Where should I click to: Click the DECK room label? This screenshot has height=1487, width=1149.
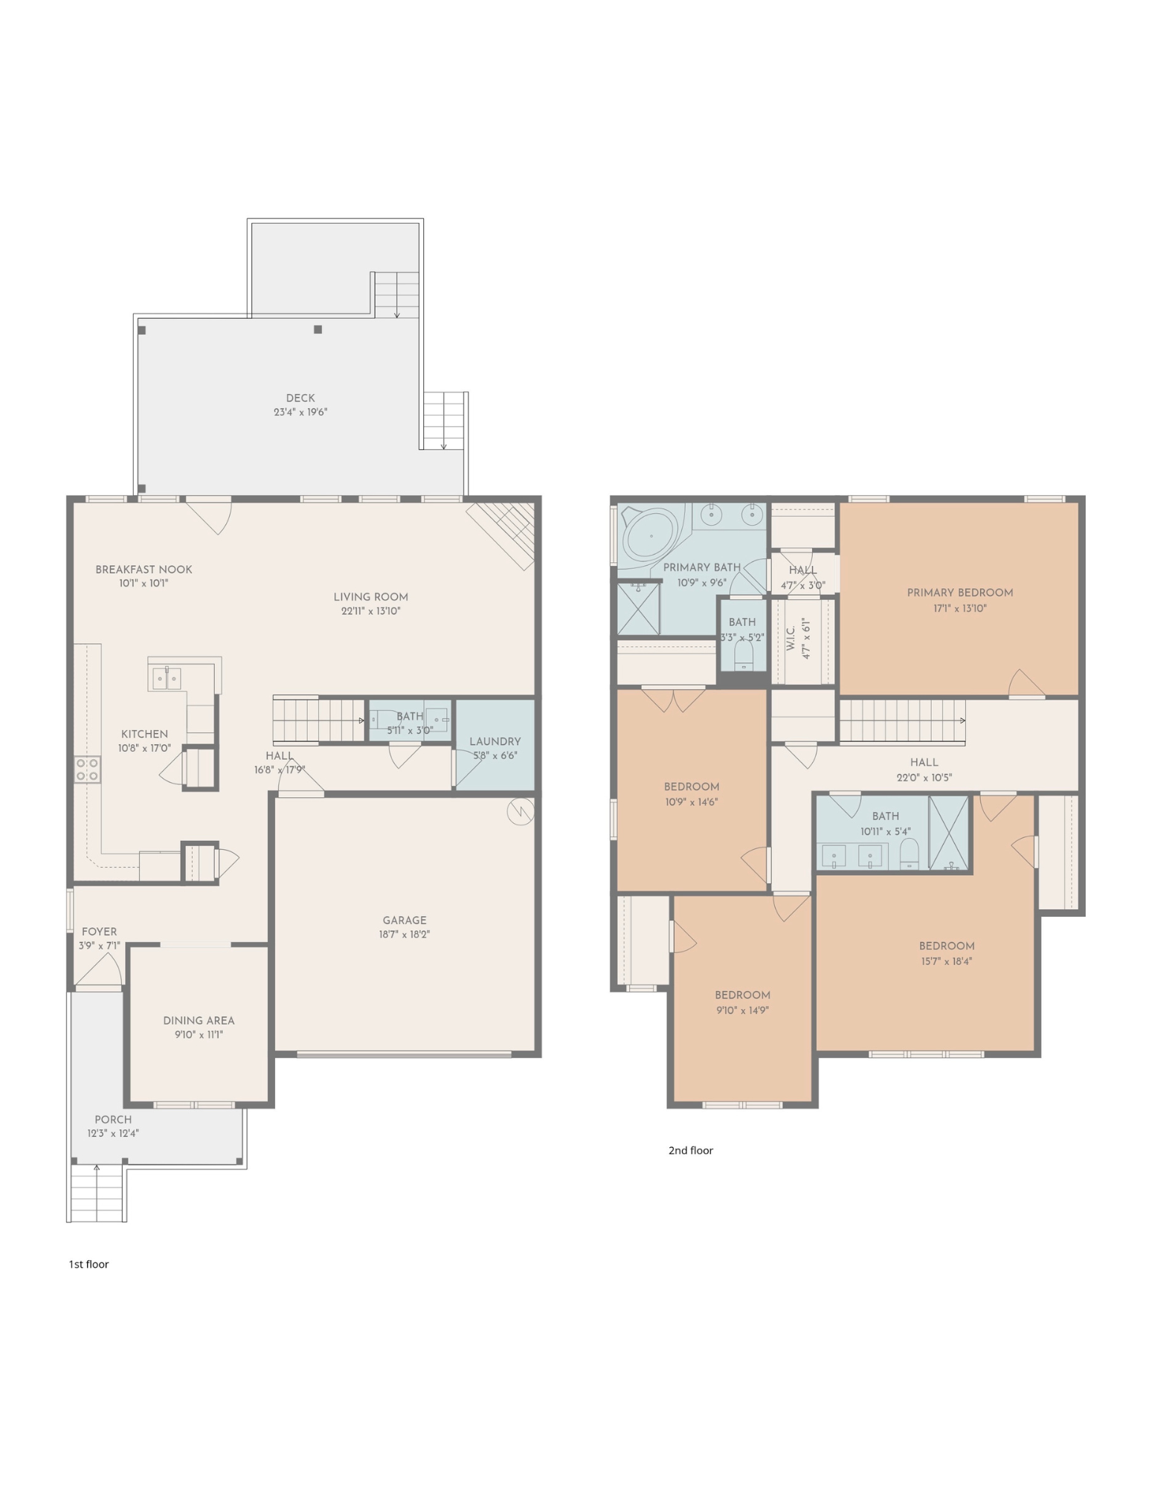300,398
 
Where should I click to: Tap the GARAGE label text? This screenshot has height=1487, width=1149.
405,920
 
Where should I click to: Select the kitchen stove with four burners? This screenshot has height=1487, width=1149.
88,770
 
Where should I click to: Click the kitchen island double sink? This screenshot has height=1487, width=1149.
167,678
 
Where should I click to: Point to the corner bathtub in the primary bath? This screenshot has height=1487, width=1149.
650,535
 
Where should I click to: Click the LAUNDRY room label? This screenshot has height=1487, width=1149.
495,741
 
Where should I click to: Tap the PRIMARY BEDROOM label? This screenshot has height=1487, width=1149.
960,593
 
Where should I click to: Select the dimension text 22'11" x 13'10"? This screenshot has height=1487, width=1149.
370,611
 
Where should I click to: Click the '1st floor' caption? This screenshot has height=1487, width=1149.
88,1264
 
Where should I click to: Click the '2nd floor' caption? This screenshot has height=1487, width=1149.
690,1150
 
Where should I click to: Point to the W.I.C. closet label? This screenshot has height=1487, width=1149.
791,638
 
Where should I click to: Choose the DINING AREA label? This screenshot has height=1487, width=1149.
199,1020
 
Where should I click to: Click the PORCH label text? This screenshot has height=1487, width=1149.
113,1119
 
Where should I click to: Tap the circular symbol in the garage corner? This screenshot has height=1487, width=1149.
521,811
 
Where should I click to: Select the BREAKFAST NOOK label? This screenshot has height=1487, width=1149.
144,570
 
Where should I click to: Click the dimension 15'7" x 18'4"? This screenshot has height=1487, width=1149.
947,961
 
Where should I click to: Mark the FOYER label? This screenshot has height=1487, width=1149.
99,931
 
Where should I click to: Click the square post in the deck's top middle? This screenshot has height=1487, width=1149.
318,329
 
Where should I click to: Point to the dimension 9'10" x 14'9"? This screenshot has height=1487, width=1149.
742,1010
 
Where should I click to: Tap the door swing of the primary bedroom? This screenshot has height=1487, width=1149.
1027,683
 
